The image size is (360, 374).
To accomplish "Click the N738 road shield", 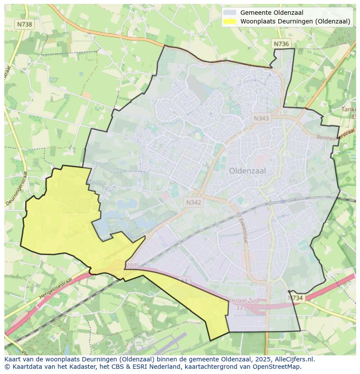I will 24,25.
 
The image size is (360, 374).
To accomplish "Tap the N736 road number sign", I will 281,44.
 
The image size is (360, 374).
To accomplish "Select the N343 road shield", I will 262,118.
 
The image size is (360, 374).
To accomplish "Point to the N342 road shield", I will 193,202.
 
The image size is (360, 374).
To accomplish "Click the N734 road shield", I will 296,298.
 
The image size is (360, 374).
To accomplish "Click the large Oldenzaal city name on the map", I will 247,171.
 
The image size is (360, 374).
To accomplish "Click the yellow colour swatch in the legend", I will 230,21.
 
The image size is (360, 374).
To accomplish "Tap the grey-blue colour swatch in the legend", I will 230,13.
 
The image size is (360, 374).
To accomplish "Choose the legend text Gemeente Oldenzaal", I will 272,13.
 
